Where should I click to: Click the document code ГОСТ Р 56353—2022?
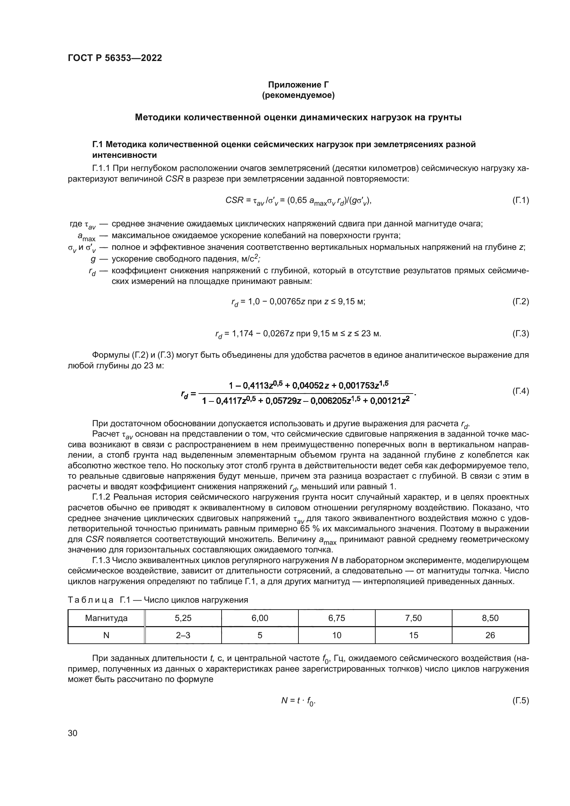[115, 58]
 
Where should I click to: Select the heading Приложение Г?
[298, 85]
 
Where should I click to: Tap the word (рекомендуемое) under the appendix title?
[298, 95]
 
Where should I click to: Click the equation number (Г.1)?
[520, 201]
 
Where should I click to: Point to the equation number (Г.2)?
[520, 302]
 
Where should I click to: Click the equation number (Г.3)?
[520, 334]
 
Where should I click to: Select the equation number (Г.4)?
[520, 391]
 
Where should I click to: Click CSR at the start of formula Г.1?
[234, 201]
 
